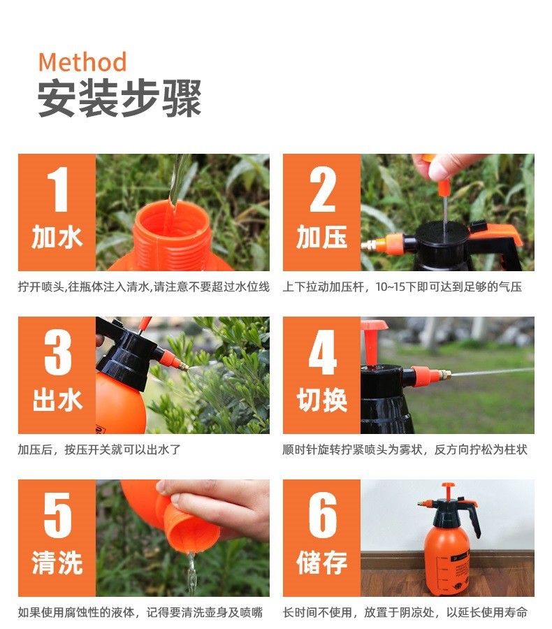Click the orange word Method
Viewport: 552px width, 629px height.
click(x=82, y=62)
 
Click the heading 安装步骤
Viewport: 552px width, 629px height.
click(x=119, y=99)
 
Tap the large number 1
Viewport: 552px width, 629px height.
click(x=58, y=189)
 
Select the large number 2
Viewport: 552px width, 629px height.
click(x=322, y=189)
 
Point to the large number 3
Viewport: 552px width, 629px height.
click(x=58, y=352)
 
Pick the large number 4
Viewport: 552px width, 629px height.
click(x=323, y=352)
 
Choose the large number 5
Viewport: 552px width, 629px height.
click(x=58, y=515)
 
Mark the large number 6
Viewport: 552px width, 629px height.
click(x=323, y=515)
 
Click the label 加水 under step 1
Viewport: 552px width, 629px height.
click(x=57, y=237)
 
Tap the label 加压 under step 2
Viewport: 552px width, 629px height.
click(x=321, y=237)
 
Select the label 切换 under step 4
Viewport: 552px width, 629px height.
click(x=321, y=400)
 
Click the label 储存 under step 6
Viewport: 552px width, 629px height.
click(x=321, y=563)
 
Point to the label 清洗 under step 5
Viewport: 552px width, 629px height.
click(x=57, y=563)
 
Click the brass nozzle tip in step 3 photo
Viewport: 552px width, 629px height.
click(x=184, y=366)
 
